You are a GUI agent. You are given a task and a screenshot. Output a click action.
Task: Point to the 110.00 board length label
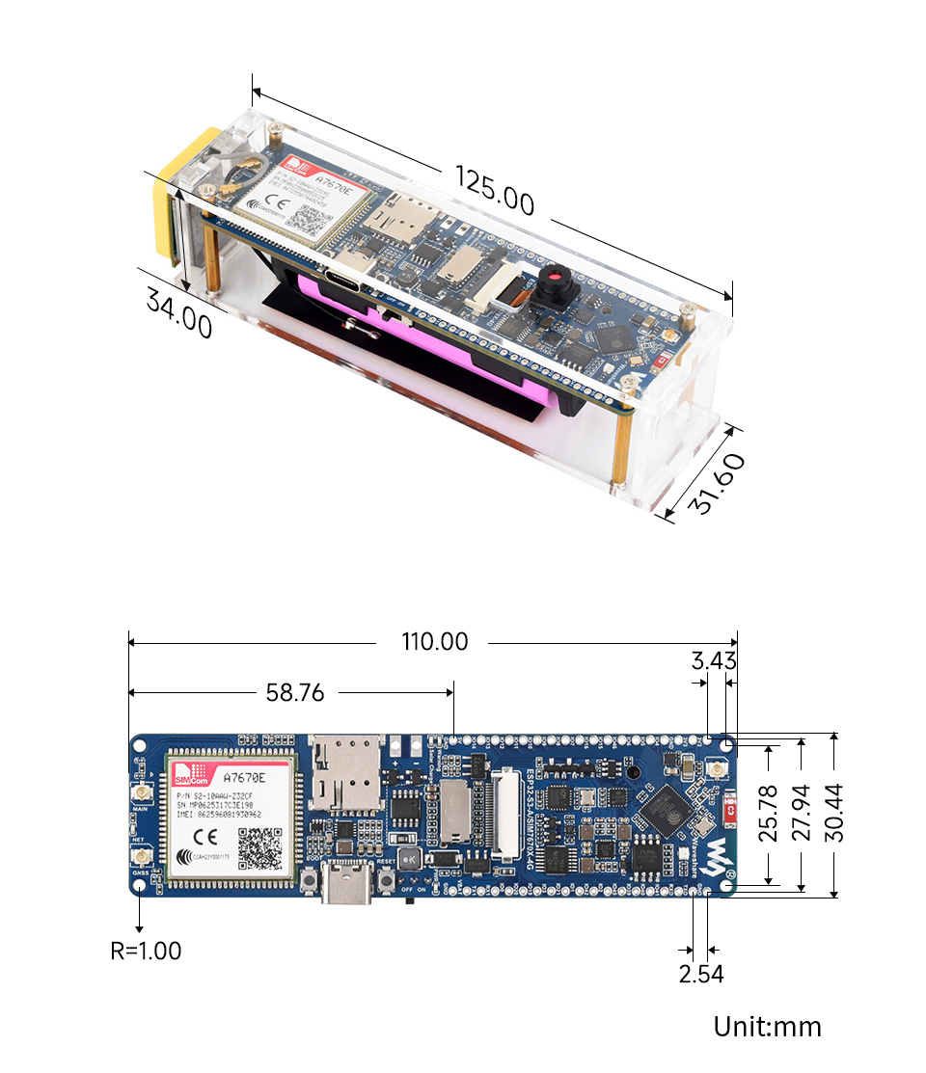click(435, 642)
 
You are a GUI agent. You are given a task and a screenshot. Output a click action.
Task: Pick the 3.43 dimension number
click(714, 661)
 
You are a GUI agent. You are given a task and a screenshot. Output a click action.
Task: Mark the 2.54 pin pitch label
click(701, 974)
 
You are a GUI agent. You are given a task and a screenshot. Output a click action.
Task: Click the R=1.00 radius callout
click(146, 951)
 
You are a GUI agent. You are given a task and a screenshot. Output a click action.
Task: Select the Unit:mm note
click(768, 1027)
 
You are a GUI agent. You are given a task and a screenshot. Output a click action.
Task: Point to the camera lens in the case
click(557, 282)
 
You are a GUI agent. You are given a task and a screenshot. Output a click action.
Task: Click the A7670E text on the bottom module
click(243, 777)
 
